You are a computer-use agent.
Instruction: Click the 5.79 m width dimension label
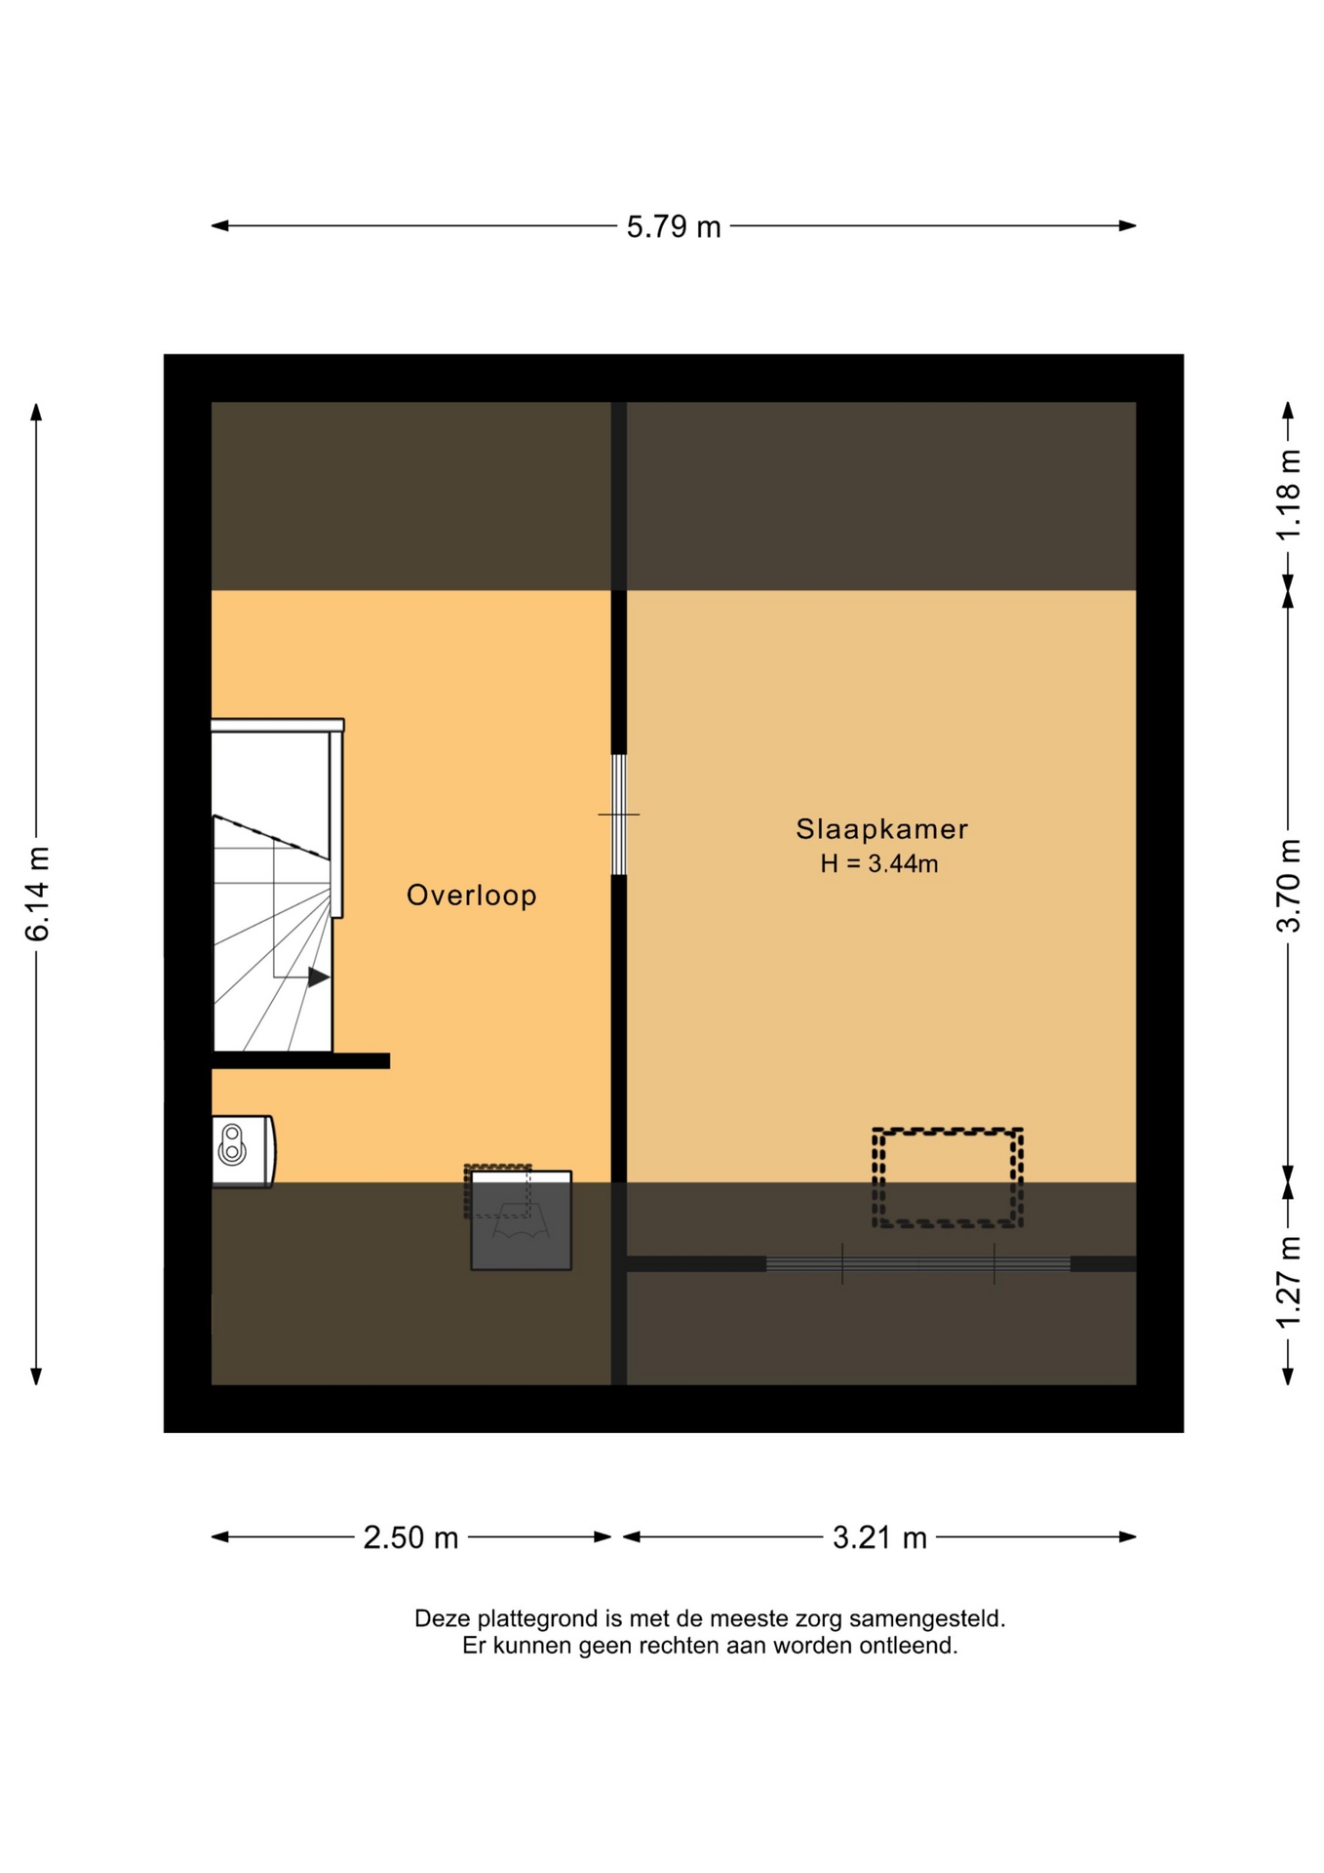[x=673, y=226]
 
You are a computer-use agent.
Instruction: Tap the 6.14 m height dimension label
[x=37, y=894]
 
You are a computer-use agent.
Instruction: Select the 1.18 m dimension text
[x=1288, y=494]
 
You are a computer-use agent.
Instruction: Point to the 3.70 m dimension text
[x=1288, y=885]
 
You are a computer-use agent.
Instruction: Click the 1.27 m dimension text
[x=1288, y=1282]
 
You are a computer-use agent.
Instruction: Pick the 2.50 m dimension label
[x=410, y=1537]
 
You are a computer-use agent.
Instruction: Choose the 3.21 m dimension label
[x=878, y=1537]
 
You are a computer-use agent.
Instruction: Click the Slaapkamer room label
[x=881, y=829]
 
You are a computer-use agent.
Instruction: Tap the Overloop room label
[x=471, y=896]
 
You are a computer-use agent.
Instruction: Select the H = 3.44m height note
[x=878, y=863]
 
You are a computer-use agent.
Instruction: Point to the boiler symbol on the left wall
[x=243, y=1151]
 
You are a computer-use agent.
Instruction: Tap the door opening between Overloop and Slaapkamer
[x=618, y=815]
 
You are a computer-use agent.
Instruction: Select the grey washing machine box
[x=521, y=1220]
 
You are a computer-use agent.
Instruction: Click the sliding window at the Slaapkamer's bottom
[x=917, y=1264]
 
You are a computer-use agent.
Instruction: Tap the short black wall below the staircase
[x=300, y=1060]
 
